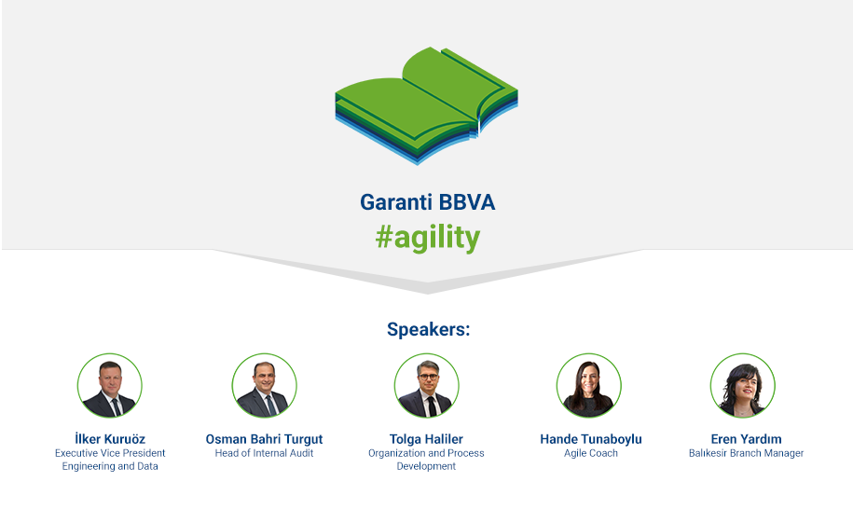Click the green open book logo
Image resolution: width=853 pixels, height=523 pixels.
tap(427, 105)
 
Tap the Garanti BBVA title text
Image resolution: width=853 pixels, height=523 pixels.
tap(428, 202)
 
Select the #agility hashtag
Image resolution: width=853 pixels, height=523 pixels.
tap(428, 238)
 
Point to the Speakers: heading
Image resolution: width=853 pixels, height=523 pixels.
tap(428, 329)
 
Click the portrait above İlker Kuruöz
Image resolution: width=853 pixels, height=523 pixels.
tap(109, 385)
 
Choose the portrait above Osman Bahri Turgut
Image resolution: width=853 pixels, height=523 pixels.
tap(265, 385)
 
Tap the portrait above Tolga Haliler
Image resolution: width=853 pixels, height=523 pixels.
tap(427, 385)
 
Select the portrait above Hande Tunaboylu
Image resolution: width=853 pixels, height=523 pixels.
tap(588, 385)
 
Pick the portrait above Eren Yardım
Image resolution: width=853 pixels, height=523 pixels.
tap(743, 385)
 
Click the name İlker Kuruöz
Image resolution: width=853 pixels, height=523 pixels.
tap(110, 439)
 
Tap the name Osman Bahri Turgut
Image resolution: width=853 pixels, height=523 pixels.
tap(265, 439)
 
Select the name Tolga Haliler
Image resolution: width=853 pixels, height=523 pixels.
tap(427, 439)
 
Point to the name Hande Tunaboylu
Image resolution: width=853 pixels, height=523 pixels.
tap(591, 439)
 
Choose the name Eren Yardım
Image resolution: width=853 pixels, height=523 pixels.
tap(746, 439)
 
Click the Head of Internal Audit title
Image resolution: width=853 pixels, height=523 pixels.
tap(265, 453)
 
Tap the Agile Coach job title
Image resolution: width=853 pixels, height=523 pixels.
tap(591, 453)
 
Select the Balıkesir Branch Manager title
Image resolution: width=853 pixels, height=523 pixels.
tap(746, 453)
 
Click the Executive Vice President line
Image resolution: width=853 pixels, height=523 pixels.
tap(110, 453)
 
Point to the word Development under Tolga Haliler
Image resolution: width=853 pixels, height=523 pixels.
tap(427, 466)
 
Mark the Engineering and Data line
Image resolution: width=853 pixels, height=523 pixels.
tap(110, 466)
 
